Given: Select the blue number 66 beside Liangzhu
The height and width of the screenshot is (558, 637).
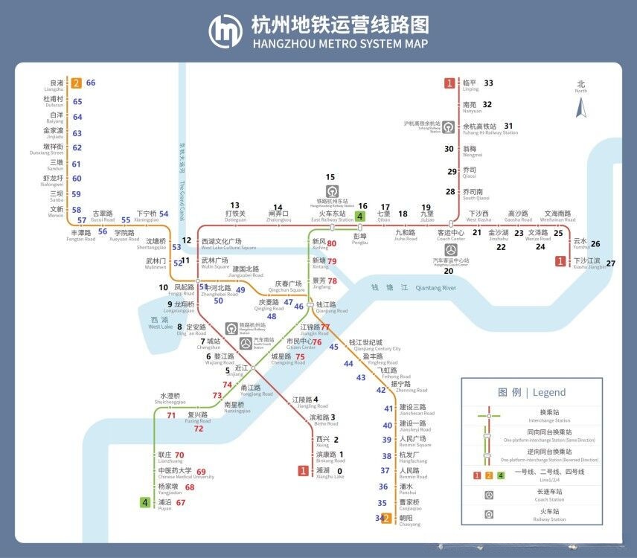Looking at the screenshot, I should pos(91,83).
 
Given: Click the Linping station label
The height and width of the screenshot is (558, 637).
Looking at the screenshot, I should pos(470,85).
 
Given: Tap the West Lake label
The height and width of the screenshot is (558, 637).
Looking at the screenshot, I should pos(160,323).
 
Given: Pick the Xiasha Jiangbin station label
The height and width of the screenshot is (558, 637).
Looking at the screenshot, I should pos(589,263).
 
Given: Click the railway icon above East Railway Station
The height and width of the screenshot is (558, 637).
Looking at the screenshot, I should pos(332,191).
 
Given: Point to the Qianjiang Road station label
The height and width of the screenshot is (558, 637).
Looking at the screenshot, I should pos(332,307).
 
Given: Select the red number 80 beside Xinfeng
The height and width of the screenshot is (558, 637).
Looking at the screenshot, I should pos(332,243).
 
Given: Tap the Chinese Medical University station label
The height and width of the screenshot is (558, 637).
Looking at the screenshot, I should pos(175,472).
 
